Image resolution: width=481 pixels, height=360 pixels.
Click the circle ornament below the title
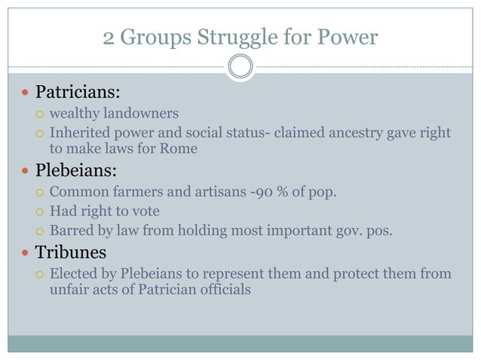click(x=240, y=67)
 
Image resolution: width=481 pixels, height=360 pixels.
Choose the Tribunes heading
click(x=72, y=252)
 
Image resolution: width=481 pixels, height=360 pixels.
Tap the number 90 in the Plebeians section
click(x=262, y=191)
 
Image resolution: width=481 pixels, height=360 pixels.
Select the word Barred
click(x=71, y=231)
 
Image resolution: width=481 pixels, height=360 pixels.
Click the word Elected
click(x=74, y=273)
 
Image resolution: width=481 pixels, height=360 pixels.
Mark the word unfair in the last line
click(x=69, y=288)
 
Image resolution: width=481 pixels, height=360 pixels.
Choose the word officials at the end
click(x=222, y=288)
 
